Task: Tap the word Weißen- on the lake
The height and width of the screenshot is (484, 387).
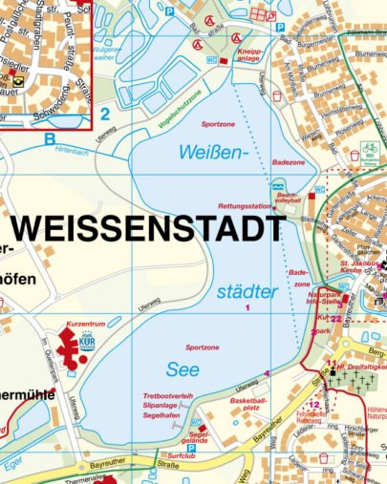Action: [212, 151]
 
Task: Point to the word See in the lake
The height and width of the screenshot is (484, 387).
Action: [182, 369]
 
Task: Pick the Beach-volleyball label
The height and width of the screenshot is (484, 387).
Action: [288, 199]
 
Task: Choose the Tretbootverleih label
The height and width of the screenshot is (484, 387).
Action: [167, 395]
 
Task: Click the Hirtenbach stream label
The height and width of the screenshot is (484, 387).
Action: [73, 151]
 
